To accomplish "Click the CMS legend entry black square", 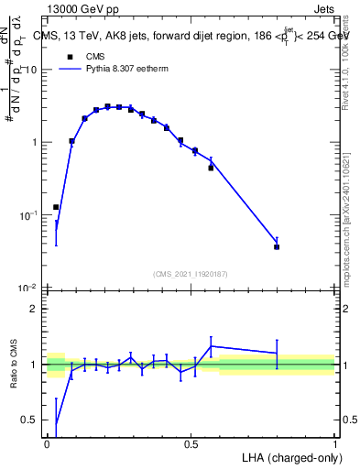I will (x=69, y=55).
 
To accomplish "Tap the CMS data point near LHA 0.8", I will (x=277, y=246).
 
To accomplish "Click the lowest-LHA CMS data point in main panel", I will (x=56, y=207).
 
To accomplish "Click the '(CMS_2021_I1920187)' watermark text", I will (x=191, y=273).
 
